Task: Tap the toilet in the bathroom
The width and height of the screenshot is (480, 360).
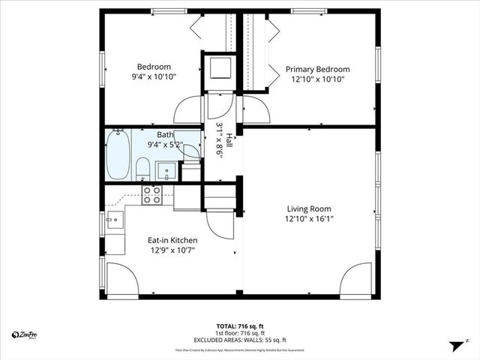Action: point(142,169)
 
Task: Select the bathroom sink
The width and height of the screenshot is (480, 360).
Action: point(166,170)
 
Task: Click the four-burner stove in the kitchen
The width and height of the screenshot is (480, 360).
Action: point(152,195)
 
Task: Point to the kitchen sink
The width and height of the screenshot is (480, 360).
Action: point(114,220)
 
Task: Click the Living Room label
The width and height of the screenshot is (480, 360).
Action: point(308,209)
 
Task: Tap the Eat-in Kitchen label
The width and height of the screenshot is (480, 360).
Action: point(172,241)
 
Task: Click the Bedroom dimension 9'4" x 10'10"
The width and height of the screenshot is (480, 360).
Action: point(153,76)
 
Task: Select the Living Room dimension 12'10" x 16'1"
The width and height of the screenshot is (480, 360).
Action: point(308,220)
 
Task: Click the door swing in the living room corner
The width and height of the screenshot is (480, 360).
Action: point(357,280)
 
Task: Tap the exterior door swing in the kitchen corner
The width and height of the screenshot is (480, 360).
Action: point(122,280)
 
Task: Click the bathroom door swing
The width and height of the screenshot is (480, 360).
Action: point(190,150)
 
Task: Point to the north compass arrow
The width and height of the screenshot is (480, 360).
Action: point(454,346)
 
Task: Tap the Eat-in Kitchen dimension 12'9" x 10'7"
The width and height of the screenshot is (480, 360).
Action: point(172,251)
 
